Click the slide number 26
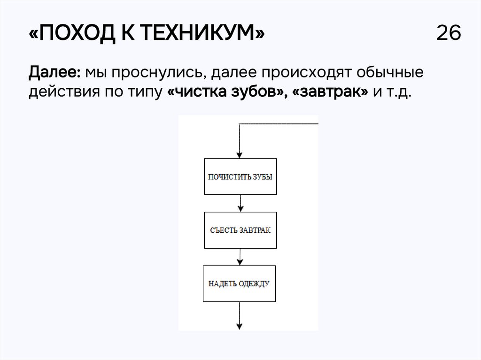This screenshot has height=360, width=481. point(449,34)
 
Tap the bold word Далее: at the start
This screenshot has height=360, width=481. point(55,73)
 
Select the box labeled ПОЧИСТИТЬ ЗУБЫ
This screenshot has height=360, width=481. point(240,176)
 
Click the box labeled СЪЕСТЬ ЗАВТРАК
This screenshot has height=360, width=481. point(240,230)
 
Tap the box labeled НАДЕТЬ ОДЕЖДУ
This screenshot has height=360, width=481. point(239,283)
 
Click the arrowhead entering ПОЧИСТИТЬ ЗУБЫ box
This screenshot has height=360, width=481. point(240,155)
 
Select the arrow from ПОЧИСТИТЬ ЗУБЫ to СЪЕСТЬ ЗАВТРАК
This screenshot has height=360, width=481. point(240,203)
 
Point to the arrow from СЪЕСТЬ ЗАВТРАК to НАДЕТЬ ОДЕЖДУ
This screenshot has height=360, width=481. point(240,257)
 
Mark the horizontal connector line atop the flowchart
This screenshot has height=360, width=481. point(279,124)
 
